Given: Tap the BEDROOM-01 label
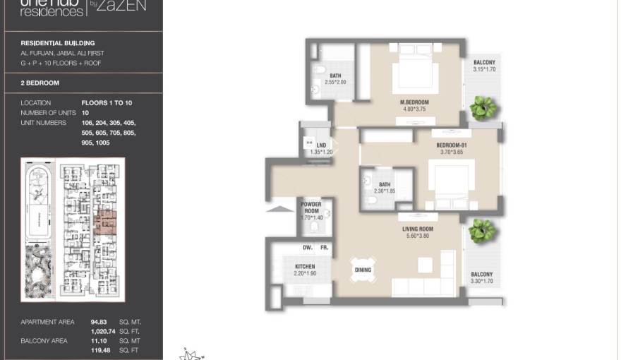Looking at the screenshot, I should coord(452,145).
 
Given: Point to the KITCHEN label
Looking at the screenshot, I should coord(305,266).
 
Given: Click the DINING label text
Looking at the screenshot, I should coord(363,270).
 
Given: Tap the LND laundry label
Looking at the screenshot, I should coord(311,145).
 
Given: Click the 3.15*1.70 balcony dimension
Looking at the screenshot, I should coord(484,70).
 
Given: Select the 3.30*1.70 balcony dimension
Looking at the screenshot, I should coord(481,282).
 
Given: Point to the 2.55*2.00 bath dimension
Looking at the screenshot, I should coord(335,82).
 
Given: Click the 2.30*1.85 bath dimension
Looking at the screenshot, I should coord(385,191).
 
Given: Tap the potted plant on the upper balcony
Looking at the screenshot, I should coord(484,108).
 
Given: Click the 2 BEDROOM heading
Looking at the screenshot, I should coord(40,83).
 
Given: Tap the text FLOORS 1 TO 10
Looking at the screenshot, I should coord(107,103).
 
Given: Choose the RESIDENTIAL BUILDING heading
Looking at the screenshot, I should coord(58,43).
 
